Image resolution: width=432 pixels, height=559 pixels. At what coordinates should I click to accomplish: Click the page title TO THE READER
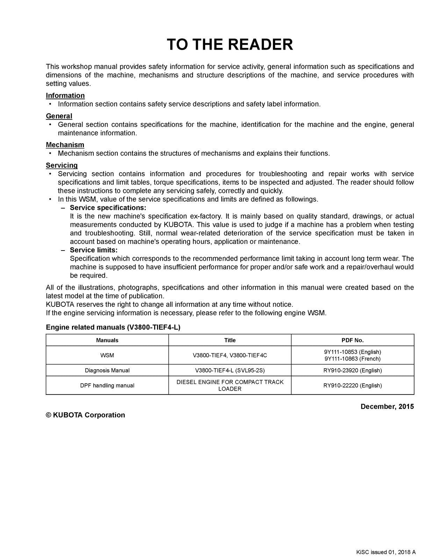click(x=230, y=45)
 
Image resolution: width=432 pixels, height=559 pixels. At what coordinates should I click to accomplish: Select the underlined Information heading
click(x=65, y=95)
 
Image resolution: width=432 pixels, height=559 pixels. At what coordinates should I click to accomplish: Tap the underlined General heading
click(x=59, y=116)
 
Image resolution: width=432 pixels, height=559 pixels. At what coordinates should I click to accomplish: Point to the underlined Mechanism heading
click(x=65, y=145)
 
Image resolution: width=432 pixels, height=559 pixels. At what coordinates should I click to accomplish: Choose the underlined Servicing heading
click(x=62, y=165)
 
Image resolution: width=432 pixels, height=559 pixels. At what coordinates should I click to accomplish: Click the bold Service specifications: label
click(x=108, y=208)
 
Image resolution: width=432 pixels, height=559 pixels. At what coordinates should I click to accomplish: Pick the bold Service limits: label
click(x=94, y=250)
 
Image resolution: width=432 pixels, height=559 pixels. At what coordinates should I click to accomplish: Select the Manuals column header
click(x=107, y=340)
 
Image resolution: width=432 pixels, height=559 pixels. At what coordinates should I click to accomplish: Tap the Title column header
click(x=230, y=340)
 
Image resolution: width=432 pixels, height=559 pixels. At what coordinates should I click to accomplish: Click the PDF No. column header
click(x=353, y=340)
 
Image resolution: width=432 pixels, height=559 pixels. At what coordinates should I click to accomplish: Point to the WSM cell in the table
click(x=107, y=355)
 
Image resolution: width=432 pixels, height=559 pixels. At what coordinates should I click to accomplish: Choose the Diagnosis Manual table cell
click(x=107, y=370)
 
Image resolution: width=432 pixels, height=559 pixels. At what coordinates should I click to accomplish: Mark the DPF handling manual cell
click(x=107, y=385)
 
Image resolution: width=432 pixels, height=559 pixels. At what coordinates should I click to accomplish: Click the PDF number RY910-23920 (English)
click(x=353, y=370)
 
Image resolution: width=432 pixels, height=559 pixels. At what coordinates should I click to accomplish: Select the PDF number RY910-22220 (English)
click(x=353, y=385)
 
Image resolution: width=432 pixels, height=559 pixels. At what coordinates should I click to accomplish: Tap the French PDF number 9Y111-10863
click(x=353, y=359)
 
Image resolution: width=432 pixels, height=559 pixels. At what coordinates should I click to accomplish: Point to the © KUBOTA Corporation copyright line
click(x=86, y=415)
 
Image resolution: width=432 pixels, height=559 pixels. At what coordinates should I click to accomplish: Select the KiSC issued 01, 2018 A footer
click(x=386, y=552)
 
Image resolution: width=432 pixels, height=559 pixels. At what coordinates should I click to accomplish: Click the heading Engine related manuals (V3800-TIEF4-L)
click(x=113, y=327)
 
